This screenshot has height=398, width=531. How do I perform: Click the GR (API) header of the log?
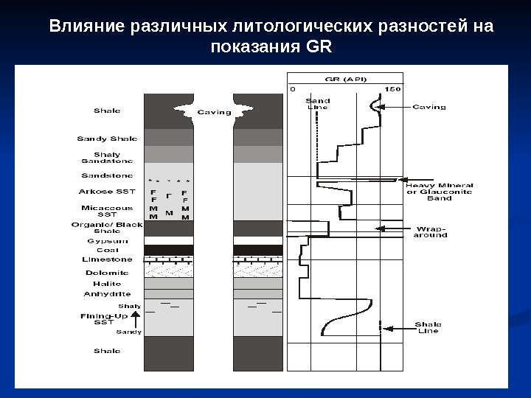(347, 79)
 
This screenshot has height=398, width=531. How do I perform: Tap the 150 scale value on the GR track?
(392, 89)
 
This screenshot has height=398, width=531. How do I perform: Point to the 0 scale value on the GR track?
(292, 89)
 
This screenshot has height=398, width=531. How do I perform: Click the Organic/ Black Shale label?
(106, 227)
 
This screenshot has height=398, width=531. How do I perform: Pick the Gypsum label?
(108, 241)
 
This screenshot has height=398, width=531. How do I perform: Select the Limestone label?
(108, 259)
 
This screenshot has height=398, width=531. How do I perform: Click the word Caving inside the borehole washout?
(214, 113)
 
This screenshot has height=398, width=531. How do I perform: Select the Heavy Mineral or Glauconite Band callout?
(440, 192)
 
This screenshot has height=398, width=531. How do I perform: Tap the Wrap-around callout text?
(431, 231)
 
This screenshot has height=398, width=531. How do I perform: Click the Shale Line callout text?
(428, 327)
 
